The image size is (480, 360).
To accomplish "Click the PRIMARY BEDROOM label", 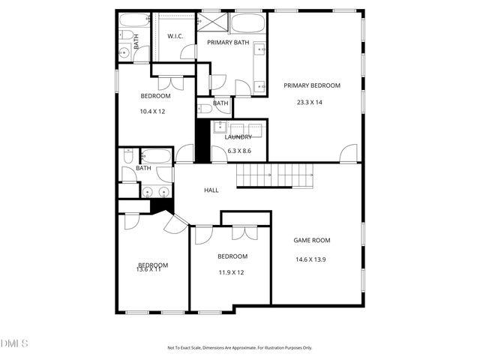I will (311, 85).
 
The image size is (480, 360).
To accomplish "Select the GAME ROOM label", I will (311, 241).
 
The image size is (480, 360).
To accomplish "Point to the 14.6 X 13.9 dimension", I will (311, 259).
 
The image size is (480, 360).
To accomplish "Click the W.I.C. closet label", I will (175, 36).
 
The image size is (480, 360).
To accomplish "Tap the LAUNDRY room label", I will (238, 137).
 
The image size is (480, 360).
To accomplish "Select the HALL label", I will (211, 190).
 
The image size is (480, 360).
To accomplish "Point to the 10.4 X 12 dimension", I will (152, 111).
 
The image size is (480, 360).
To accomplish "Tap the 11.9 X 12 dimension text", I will (232, 272).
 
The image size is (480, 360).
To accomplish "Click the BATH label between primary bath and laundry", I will (220, 103).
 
